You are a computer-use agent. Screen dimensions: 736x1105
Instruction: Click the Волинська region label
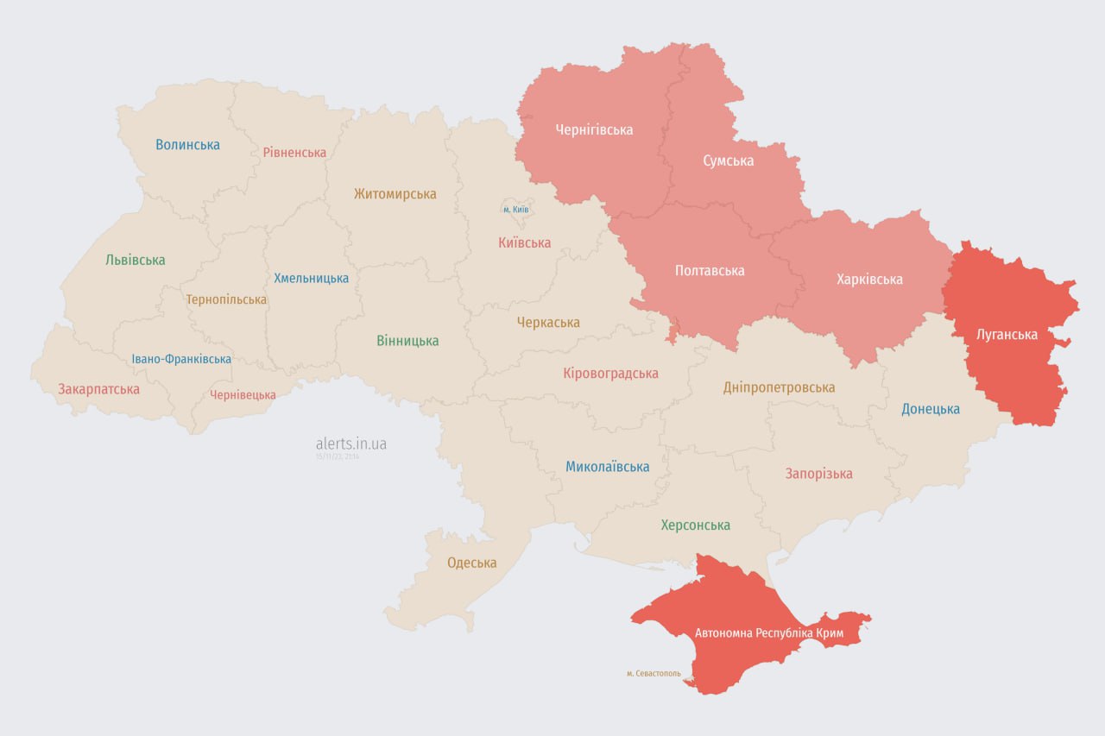187,145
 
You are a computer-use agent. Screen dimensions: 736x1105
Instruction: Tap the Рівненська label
294,153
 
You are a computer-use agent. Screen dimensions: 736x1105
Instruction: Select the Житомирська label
395,194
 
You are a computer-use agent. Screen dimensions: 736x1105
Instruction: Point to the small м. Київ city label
515,210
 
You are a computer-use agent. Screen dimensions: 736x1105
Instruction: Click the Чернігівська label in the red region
594,130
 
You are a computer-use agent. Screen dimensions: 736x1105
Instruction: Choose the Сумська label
728,161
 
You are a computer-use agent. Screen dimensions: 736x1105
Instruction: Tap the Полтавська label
709,271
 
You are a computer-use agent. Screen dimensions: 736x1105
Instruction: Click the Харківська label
869,280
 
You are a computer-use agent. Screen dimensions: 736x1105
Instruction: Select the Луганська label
1006,335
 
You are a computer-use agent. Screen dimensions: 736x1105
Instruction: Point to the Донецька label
931,409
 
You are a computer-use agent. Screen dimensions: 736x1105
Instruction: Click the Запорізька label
818,474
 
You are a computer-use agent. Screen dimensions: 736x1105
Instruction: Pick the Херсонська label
695,525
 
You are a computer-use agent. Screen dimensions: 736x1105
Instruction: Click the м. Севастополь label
654,673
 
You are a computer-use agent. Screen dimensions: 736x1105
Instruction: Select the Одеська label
471,563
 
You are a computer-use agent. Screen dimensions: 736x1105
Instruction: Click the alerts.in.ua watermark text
350,443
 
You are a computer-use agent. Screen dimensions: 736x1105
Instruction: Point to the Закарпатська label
98,389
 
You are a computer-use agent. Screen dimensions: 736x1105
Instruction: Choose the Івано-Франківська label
181,359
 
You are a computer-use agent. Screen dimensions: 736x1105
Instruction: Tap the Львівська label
135,260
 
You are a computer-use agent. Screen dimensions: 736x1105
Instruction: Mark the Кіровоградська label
610,374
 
